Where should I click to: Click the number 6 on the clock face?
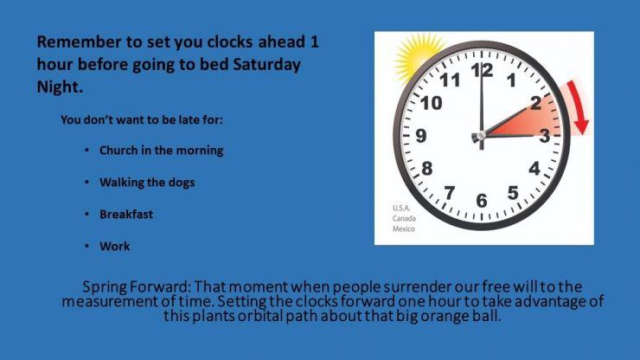pyautogui.click(x=482, y=201)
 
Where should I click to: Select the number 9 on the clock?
pyautogui.click(x=421, y=135)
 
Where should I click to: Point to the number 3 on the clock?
pyautogui.click(x=545, y=136)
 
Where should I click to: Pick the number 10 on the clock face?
pyautogui.click(x=432, y=103)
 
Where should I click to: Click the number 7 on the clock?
pyautogui.click(x=450, y=192)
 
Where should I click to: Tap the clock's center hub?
pyautogui.click(x=482, y=135)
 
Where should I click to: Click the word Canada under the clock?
pyautogui.click(x=404, y=219)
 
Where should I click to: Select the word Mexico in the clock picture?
pyautogui.click(x=404, y=228)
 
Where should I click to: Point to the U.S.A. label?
pyautogui.click(x=401, y=208)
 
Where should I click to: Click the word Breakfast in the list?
pyautogui.click(x=126, y=214)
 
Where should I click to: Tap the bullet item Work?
pyautogui.click(x=115, y=246)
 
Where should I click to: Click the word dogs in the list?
pyautogui.click(x=181, y=183)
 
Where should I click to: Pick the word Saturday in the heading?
pyautogui.click(x=266, y=65)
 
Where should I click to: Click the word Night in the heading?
pyautogui.click(x=60, y=87)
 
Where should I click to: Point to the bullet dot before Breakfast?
pyautogui.click(x=87, y=214)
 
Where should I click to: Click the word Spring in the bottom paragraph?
pyautogui.click(x=105, y=286)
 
